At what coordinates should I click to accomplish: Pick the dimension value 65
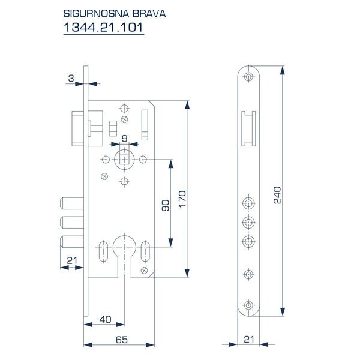pyautogui.click(x=121, y=340)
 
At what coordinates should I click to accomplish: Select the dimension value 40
pyautogui.click(x=106, y=319)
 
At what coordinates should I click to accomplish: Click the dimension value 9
pyautogui.click(x=124, y=139)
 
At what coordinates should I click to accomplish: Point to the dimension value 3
pyautogui.click(x=71, y=78)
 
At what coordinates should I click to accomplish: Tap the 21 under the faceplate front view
pyautogui.click(x=248, y=339)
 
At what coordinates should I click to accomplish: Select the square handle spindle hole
pyautogui.click(x=124, y=160)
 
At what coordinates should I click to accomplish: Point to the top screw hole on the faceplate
pyautogui.click(x=248, y=76)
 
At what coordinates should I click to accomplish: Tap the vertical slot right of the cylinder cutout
pyautogui.click(x=144, y=253)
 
